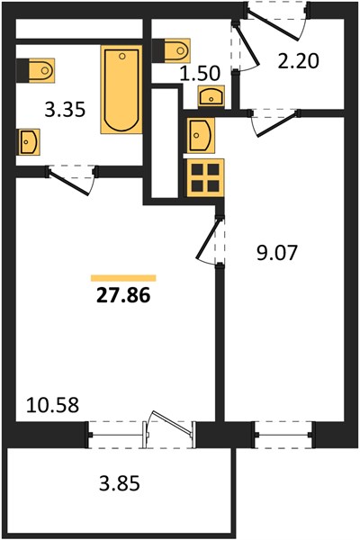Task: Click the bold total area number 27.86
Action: (x=123, y=295)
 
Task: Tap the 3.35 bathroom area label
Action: (x=65, y=110)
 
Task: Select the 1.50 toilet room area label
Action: (x=200, y=74)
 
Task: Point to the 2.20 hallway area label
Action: (x=299, y=61)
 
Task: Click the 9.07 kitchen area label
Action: (x=276, y=253)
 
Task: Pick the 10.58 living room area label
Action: (x=53, y=405)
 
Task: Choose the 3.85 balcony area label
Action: (x=120, y=483)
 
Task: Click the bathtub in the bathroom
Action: (x=121, y=89)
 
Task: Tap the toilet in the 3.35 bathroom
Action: (x=35, y=70)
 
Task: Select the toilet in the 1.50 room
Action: (x=171, y=51)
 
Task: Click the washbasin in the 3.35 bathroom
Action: (x=29, y=142)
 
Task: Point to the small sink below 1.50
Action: (x=211, y=95)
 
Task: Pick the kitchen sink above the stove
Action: (x=201, y=135)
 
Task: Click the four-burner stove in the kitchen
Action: (x=206, y=177)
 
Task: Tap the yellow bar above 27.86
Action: (x=123, y=278)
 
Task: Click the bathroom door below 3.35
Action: (x=71, y=181)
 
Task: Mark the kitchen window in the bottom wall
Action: (x=283, y=435)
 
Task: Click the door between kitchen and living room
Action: (x=209, y=240)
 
